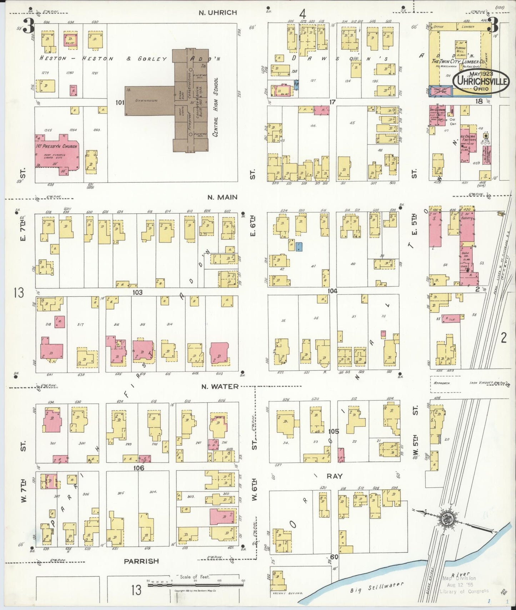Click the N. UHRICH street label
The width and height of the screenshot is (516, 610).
[x=218, y=12]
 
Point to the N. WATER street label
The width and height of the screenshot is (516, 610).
[x=219, y=386]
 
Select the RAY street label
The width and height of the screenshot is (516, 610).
[x=334, y=476]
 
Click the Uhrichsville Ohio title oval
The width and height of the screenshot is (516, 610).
[x=481, y=81]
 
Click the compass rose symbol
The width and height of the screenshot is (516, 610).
[x=446, y=518]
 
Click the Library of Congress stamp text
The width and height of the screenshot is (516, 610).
[x=464, y=591]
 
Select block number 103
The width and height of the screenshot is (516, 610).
[x=137, y=292]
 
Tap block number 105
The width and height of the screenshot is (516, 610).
[x=334, y=431]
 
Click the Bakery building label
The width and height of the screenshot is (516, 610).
[x=466, y=218]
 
